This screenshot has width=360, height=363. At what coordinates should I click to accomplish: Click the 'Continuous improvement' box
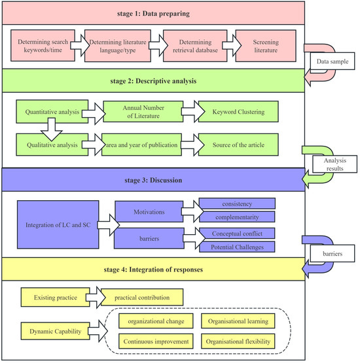coord(156,341)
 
